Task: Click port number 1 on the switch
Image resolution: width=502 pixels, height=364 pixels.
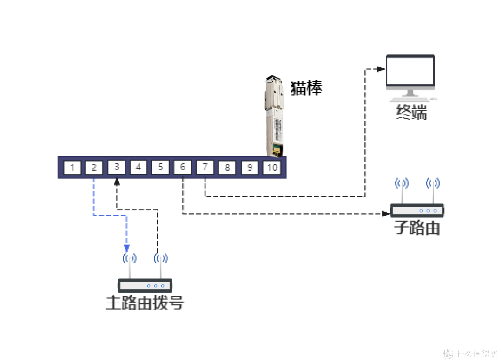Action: click(72, 167)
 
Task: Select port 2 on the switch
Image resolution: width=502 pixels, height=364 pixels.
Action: click(94, 167)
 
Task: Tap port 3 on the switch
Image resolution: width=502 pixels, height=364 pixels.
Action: click(117, 167)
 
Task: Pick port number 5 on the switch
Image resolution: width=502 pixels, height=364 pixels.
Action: click(160, 167)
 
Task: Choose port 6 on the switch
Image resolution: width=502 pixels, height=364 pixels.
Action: click(183, 167)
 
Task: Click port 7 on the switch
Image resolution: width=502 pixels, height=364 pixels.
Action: click(205, 167)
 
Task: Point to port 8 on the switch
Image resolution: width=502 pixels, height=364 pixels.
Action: click(227, 167)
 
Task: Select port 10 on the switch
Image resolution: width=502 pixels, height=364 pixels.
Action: click(272, 167)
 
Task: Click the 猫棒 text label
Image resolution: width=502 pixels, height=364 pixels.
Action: click(306, 88)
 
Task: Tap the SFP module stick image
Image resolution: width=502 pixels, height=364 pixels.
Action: click(274, 116)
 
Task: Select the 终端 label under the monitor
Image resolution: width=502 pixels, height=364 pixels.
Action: click(411, 112)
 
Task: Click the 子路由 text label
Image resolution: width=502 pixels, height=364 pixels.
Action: click(417, 228)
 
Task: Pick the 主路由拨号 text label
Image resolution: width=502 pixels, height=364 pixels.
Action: click(145, 303)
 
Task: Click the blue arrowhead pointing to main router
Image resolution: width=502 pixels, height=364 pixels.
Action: click(126, 248)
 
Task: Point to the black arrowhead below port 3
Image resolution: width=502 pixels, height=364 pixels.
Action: click(117, 182)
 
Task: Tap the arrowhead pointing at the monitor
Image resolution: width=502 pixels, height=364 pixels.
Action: click(381, 69)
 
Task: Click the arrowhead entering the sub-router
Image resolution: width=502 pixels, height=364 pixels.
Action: click(386, 213)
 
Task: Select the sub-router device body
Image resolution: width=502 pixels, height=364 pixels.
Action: click(417, 210)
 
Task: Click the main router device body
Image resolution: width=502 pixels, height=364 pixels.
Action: click(145, 285)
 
